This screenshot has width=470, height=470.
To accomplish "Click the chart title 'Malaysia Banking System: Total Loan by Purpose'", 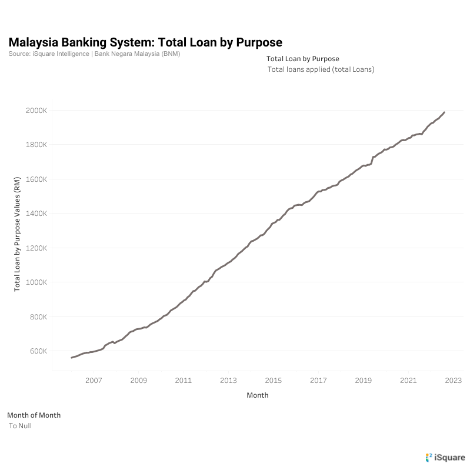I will click(145, 42).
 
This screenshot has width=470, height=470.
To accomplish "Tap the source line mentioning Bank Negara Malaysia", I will click(94, 54).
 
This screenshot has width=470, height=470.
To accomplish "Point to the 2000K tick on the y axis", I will click(36, 110).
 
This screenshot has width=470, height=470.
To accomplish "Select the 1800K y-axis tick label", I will click(36, 145).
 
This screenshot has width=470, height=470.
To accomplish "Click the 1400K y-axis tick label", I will click(36, 214).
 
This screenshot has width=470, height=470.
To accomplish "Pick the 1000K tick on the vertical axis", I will click(36, 282).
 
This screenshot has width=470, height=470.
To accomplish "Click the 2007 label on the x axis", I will click(94, 381).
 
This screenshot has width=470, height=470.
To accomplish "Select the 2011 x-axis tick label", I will click(184, 381).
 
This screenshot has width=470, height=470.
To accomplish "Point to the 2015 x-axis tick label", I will click(274, 381).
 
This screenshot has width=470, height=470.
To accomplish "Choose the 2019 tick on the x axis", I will click(364, 381).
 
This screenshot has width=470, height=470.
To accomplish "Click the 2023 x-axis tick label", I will click(454, 381).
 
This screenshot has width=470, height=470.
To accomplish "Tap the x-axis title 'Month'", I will click(258, 395).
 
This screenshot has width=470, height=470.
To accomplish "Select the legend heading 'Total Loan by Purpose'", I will click(303, 59).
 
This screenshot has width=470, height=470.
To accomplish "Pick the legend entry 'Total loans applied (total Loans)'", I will click(321, 69).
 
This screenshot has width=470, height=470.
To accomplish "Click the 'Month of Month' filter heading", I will click(34, 415).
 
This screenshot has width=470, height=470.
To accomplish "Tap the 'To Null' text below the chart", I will click(20, 426).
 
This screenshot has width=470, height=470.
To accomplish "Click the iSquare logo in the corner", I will click(445, 457).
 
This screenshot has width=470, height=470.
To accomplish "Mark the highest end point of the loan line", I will click(444, 112).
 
